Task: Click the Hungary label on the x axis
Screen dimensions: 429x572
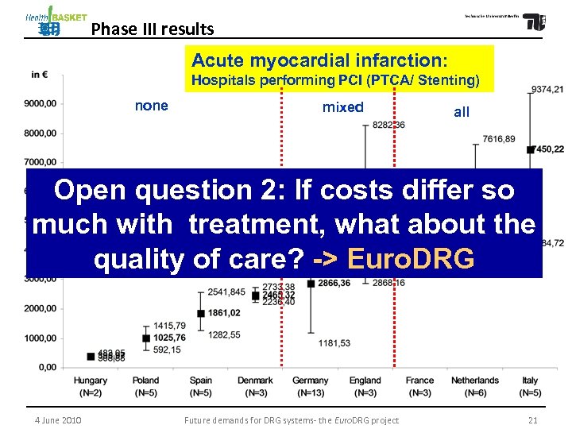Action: [91, 381]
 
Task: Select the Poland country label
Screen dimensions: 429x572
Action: [146, 381]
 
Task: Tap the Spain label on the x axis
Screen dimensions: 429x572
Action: [201, 381]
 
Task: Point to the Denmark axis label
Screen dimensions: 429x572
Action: [255, 381]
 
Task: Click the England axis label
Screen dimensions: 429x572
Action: [365, 381]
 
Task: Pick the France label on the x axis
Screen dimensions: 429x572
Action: [420, 381]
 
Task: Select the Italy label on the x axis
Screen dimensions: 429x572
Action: [530, 381]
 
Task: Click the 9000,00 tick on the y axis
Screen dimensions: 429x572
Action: [40, 103]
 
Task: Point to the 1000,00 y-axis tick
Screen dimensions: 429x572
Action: [40, 338]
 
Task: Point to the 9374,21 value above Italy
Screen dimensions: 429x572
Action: [548, 89]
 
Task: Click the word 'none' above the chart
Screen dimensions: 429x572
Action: [152, 106]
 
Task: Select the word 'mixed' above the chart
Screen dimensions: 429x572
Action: [343, 107]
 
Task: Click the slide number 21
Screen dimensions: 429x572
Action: [532, 420]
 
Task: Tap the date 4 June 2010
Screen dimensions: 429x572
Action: [58, 420]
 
